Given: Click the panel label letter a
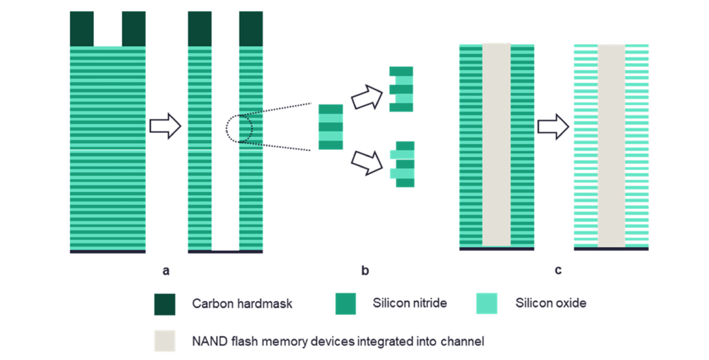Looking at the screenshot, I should coord(165,270).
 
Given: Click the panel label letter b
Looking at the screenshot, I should coord(365,270).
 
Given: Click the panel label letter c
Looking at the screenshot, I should coord(558,270).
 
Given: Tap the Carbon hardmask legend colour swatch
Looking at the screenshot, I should coord(165,304).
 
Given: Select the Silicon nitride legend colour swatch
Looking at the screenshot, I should coord(345,304).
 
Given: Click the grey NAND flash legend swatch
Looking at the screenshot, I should coord(165,340).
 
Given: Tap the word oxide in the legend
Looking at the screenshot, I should coord(570,304).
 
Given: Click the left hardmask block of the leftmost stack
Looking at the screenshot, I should coord(82,29).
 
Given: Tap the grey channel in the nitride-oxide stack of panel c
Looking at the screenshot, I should coord(496,145).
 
